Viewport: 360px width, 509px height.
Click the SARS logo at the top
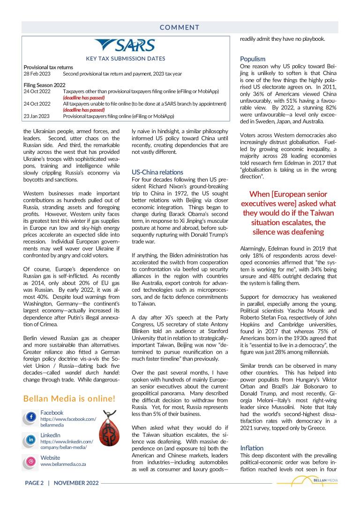[125, 46]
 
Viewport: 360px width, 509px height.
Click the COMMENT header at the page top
[180, 28]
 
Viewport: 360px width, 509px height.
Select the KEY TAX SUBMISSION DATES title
[126, 59]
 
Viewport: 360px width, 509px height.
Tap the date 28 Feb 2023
[37, 74]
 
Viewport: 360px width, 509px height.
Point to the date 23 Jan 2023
[37, 116]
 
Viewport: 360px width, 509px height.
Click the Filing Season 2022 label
[45, 85]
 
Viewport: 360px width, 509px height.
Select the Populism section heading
[253, 59]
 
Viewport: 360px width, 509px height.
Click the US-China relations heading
[157, 172]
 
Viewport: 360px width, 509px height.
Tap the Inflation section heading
[252, 448]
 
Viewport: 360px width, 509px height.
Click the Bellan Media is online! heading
[69, 399]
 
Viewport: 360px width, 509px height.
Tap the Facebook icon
[31, 417]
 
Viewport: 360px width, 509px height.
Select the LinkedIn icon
[31, 440]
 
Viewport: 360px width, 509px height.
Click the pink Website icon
[31, 462]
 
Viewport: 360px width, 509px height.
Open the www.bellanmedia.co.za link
[63, 464]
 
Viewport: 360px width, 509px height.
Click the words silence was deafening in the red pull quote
[288, 232]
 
